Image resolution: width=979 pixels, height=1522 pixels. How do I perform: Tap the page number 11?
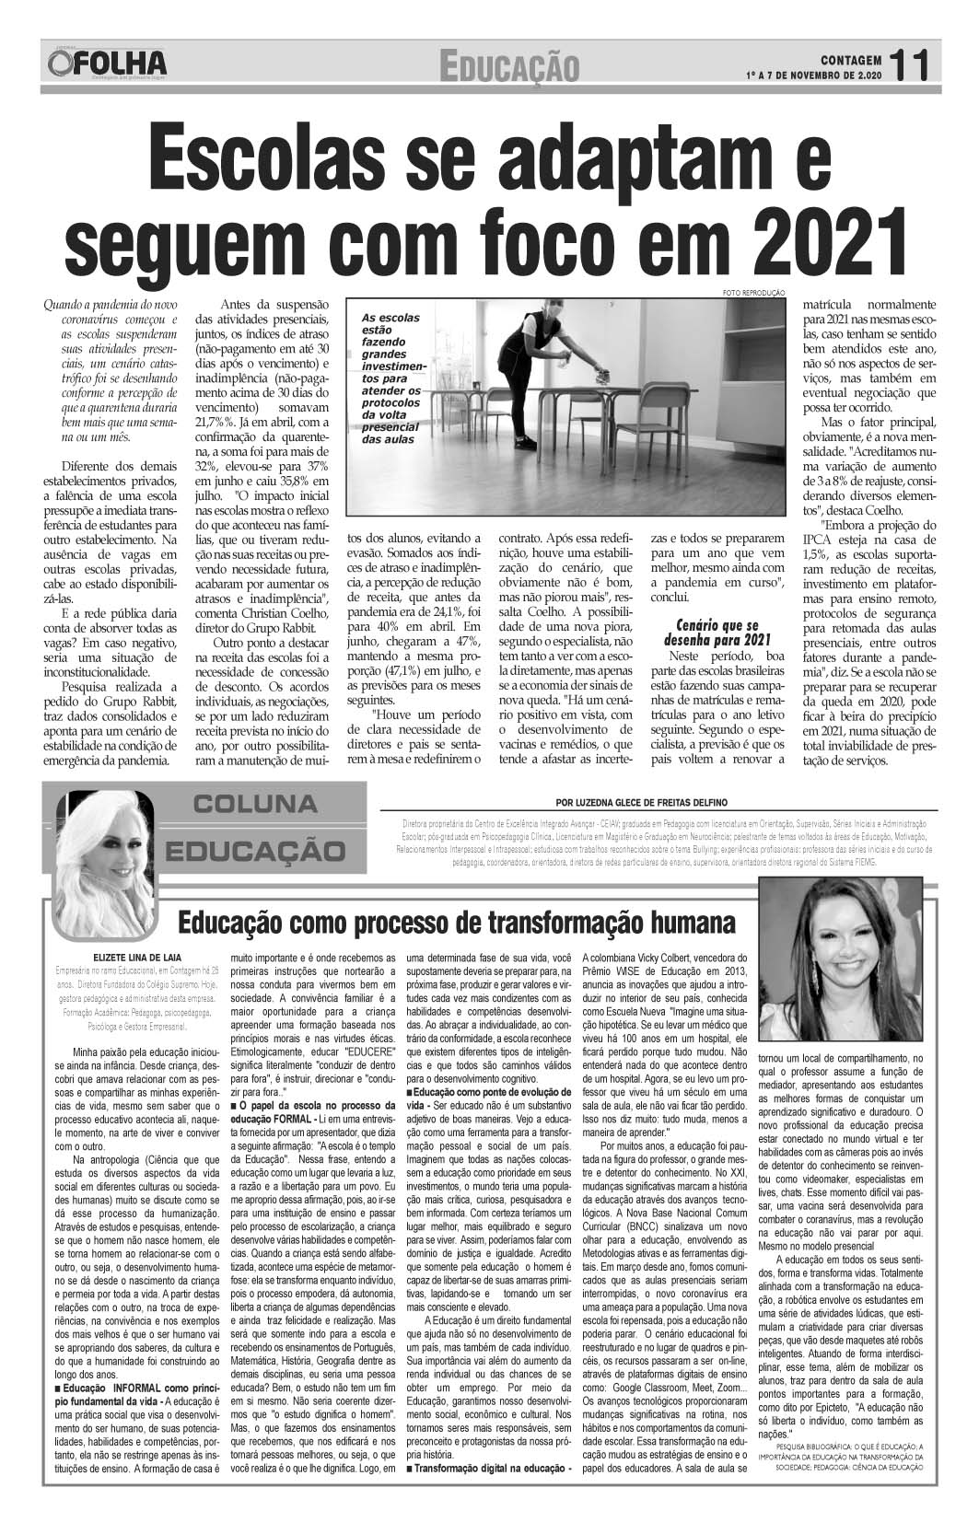[x=914, y=64]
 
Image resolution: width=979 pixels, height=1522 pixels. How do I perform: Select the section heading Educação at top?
[x=509, y=66]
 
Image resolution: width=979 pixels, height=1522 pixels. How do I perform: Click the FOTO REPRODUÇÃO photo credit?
[x=753, y=292]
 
